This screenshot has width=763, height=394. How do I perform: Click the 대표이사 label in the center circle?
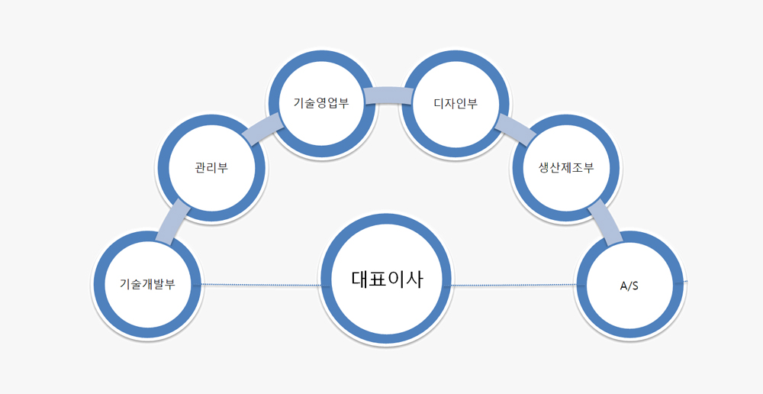(x=386, y=279)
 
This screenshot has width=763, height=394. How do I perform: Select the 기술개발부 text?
(x=147, y=284)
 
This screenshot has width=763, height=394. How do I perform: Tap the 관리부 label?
(x=211, y=168)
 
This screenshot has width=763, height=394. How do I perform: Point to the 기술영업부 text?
(x=321, y=102)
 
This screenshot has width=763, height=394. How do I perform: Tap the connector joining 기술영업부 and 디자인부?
(x=388, y=95)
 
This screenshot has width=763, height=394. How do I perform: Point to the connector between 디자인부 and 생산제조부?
(x=515, y=130)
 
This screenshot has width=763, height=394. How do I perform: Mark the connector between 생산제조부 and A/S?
(x=606, y=221)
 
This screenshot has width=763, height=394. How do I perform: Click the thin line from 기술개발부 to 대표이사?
(x=259, y=285)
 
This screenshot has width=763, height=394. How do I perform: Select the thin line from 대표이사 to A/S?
(x=513, y=286)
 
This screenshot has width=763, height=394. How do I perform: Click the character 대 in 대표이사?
(x=361, y=279)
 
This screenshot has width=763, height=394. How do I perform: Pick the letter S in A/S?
(x=636, y=286)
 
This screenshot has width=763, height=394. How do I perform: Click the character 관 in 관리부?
(x=200, y=168)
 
